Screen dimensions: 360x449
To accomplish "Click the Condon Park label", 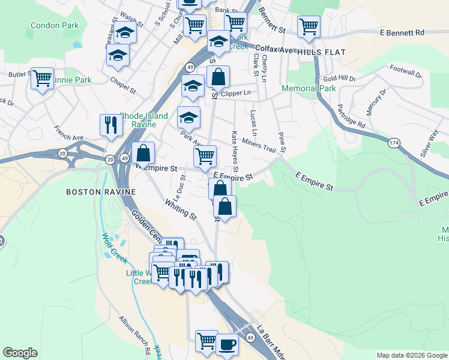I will (x=55, y=26).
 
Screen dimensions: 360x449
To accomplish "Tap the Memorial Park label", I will (x=310, y=88).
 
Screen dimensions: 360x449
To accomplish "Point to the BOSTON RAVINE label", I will (x=101, y=192).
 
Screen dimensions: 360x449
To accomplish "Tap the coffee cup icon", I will (x=227, y=344).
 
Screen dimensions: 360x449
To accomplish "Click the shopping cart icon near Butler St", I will (x=42, y=78).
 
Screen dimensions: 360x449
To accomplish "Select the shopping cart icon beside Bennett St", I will (x=309, y=26).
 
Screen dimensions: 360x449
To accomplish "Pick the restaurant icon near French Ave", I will (x=111, y=124).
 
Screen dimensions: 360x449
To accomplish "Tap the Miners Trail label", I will (x=259, y=145).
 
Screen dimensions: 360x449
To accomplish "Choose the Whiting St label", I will (x=181, y=211).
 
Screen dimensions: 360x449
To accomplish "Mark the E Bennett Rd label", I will (x=403, y=32).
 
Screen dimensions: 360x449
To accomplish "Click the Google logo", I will (x=20, y=353).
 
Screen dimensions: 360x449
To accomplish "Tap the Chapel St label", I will (x=123, y=86).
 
